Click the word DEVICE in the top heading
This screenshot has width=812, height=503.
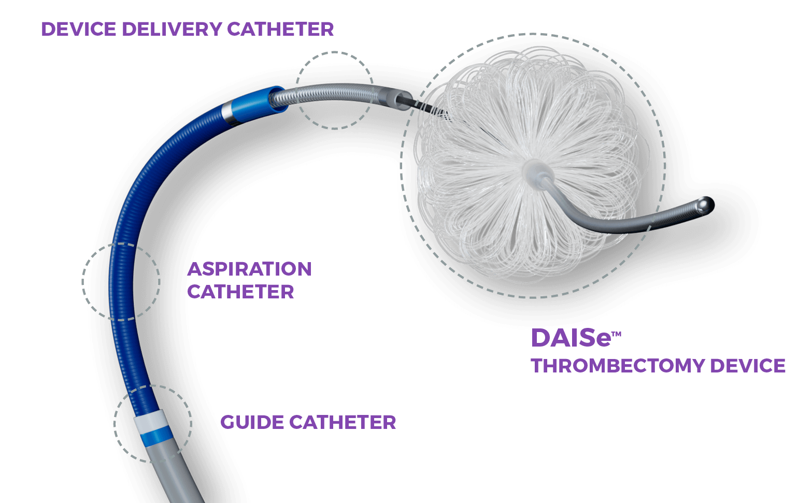click(x=79, y=30)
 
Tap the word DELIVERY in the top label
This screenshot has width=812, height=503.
click(x=172, y=30)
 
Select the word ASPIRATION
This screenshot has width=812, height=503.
click(x=249, y=269)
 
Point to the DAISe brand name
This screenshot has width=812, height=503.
click(x=571, y=338)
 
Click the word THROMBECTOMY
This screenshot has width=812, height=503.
click(x=618, y=366)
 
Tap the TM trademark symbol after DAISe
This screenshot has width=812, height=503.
click(x=616, y=334)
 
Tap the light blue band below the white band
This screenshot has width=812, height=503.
click(x=156, y=436)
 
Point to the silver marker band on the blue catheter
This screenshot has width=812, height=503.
click(x=227, y=113)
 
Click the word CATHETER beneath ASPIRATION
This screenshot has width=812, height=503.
click(x=241, y=292)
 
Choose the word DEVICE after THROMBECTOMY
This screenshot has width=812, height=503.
click(x=748, y=366)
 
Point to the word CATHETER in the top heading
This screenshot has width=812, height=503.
click(x=280, y=30)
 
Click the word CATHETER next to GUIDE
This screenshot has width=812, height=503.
click(x=343, y=422)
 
